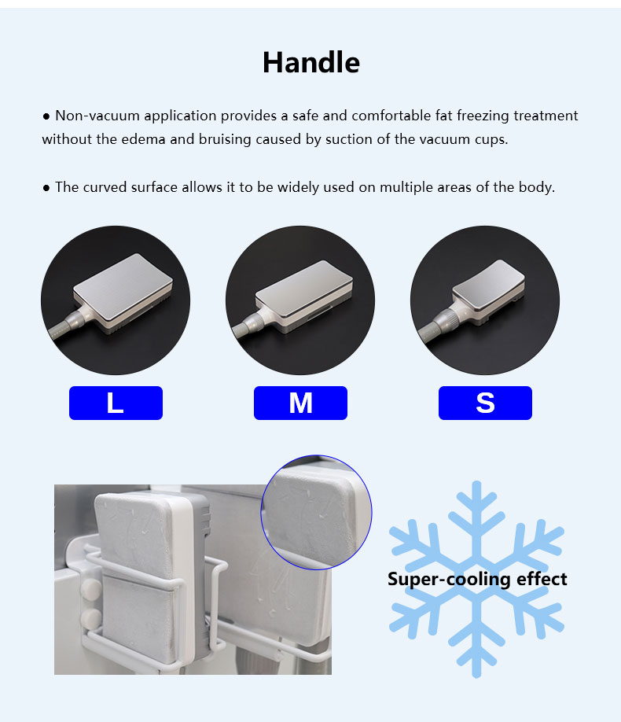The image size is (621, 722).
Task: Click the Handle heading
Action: click(x=310, y=62)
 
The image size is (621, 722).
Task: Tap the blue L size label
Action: click(x=116, y=403)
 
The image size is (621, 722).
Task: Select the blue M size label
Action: click(x=300, y=403)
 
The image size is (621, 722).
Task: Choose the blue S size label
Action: click(x=485, y=403)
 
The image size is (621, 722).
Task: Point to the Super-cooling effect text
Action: click(x=477, y=580)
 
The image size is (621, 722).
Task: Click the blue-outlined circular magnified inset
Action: click(x=316, y=511)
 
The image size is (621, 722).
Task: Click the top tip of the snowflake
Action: click(x=476, y=485)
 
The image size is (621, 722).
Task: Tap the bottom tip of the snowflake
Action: click(x=476, y=673)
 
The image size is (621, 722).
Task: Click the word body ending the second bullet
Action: click(x=536, y=187)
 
